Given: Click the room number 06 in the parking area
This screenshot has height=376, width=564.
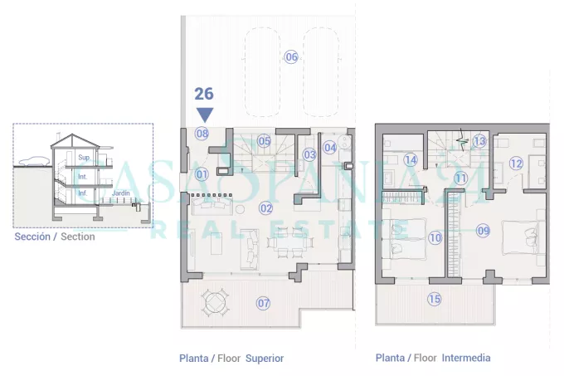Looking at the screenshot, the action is (x=291, y=56).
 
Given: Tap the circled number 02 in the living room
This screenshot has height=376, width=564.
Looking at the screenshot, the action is (x=265, y=208).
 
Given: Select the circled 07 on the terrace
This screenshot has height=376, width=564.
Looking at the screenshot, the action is (x=263, y=303).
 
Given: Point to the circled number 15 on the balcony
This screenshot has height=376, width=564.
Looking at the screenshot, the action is (x=435, y=299).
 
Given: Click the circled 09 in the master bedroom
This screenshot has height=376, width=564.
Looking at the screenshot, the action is (x=483, y=230).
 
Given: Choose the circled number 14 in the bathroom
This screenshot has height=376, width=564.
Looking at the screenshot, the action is (x=411, y=159).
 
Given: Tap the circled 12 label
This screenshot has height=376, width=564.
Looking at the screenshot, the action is (x=516, y=164).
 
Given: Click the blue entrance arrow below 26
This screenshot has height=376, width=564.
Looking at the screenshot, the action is (x=205, y=115).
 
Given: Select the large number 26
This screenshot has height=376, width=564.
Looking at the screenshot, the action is (x=204, y=94).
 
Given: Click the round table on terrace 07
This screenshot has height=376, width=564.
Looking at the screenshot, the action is (x=215, y=302).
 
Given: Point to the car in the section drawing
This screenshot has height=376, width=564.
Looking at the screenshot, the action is (x=33, y=161).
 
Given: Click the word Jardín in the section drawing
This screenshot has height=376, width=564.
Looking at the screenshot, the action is (x=121, y=193).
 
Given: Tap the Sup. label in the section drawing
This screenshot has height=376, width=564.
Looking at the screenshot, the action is (x=84, y=157).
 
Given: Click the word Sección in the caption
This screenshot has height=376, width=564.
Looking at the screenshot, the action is (x=32, y=237).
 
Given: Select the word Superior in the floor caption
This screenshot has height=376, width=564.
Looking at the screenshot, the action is (x=265, y=359).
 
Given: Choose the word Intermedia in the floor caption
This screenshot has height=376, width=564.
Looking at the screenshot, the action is (x=466, y=358).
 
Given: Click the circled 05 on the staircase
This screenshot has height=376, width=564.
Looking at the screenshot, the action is (x=264, y=140).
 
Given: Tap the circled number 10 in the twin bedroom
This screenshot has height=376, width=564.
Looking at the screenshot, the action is (x=435, y=237).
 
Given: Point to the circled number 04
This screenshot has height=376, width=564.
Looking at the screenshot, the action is (x=330, y=148).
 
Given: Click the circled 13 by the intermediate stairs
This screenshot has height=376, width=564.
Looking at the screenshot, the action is (x=479, y=141).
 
